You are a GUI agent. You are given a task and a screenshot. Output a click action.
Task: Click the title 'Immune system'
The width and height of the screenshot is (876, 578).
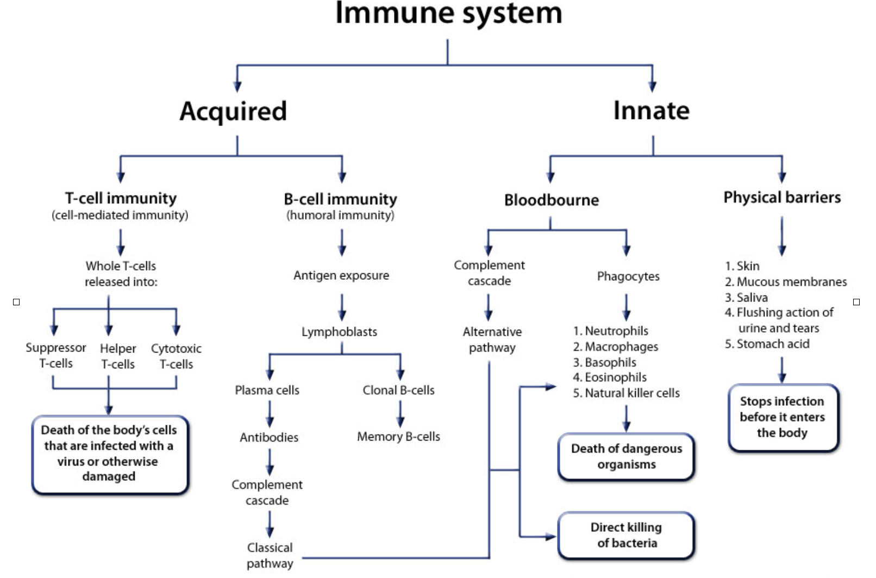click(x=448, y=13)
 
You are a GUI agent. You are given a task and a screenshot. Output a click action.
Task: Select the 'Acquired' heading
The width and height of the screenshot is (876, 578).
click(x=233, y=111)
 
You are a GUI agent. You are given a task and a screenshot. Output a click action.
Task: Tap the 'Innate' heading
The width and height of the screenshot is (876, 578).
click(x=651, y=110)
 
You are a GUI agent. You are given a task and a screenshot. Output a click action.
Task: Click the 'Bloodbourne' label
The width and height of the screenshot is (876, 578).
click(x=551, y=200)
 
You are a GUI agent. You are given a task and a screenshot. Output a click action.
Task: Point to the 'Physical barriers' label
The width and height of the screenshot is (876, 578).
click(x=781, y=197)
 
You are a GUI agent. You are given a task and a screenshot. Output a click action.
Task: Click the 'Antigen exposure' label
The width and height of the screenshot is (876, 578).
click(x=341, y=275)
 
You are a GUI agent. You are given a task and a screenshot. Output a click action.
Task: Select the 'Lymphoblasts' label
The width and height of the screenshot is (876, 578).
click(x=339, y=331)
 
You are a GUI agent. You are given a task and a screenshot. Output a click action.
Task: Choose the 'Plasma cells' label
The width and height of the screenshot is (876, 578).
click(x=267, y=390)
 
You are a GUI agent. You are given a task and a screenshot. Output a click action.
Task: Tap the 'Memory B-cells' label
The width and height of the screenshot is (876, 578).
click(x=398, y=437)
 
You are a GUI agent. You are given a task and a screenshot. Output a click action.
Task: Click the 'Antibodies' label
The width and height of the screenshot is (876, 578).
click(x=269, y=437)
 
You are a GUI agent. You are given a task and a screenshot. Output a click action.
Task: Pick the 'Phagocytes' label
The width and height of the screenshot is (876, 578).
click(x=628, y=276)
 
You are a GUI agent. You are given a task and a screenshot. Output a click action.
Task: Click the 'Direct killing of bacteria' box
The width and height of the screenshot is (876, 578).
click(x=626, y=535)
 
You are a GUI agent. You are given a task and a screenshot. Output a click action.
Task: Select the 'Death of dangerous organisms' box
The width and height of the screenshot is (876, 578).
click(x=626, y=456)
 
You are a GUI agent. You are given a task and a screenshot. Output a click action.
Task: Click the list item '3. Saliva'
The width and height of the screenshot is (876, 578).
click(x=746, y=297)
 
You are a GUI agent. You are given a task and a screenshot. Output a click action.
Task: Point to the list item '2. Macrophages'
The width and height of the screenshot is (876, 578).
click(x=616, y=347)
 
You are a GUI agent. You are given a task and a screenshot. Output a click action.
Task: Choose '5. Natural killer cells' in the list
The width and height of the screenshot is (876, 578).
click(x=626, y=393)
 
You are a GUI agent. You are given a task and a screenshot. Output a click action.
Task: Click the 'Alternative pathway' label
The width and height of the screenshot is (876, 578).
click(x=492, y=340)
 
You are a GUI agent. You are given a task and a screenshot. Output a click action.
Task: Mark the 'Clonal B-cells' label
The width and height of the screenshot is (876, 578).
click(x=398, y=390)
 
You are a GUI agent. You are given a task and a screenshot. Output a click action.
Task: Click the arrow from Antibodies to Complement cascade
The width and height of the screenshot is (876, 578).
click(x=270, y=462)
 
